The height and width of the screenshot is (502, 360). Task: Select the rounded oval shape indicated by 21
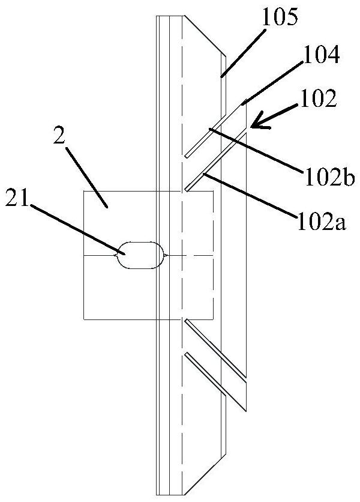(141, 255)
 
